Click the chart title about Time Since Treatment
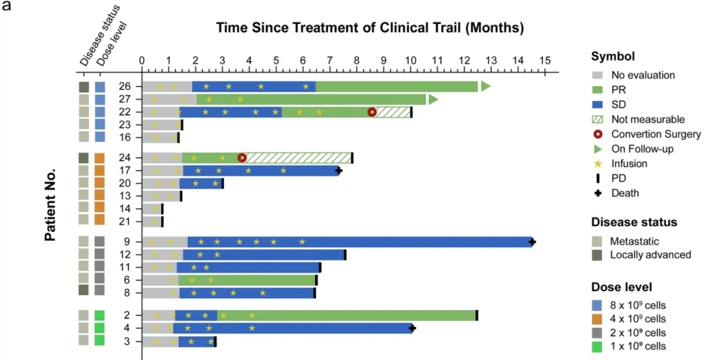point(370,28)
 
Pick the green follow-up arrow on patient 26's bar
point(485,86)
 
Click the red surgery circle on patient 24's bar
point(242,158)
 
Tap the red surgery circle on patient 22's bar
point(372,113)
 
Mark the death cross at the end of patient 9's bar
point(532,242)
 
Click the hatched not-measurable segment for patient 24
point(298,158)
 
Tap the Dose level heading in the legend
point(621,287)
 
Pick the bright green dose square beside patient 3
point(100,341)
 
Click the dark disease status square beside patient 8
point(84,290)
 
